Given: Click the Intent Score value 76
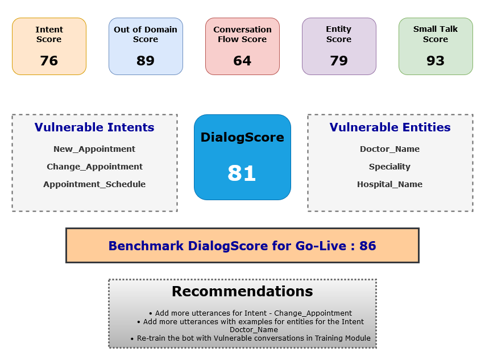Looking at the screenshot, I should coord(49,61).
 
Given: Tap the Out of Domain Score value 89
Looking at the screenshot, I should coord(146,61).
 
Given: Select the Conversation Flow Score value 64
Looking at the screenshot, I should coord(242,61).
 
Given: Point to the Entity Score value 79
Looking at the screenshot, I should coord(339,61).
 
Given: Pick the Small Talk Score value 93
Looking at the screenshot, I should coord(436,61).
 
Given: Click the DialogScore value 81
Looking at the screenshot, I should coord(242,173).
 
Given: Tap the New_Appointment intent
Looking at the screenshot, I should coord(94,149).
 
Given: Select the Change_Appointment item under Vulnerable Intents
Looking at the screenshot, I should coord(94,167).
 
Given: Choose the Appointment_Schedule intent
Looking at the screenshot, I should coord(94,184).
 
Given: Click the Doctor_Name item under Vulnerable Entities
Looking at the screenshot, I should coord(390,149).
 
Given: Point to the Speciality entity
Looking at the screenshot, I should coord(390,167).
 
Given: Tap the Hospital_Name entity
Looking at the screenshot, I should coord(390,184).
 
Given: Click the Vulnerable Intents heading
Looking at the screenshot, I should coord(94,127).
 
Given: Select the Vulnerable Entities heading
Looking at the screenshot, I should coord(390,127).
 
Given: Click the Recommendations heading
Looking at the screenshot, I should coord(242,292).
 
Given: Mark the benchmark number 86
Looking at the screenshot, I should coord(368,246).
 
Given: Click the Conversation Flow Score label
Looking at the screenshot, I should coord(242,34).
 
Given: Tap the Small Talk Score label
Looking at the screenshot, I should coord(436,34).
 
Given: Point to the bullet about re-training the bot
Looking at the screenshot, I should coord(254,338).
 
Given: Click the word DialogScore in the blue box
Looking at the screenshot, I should coord(242,137).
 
